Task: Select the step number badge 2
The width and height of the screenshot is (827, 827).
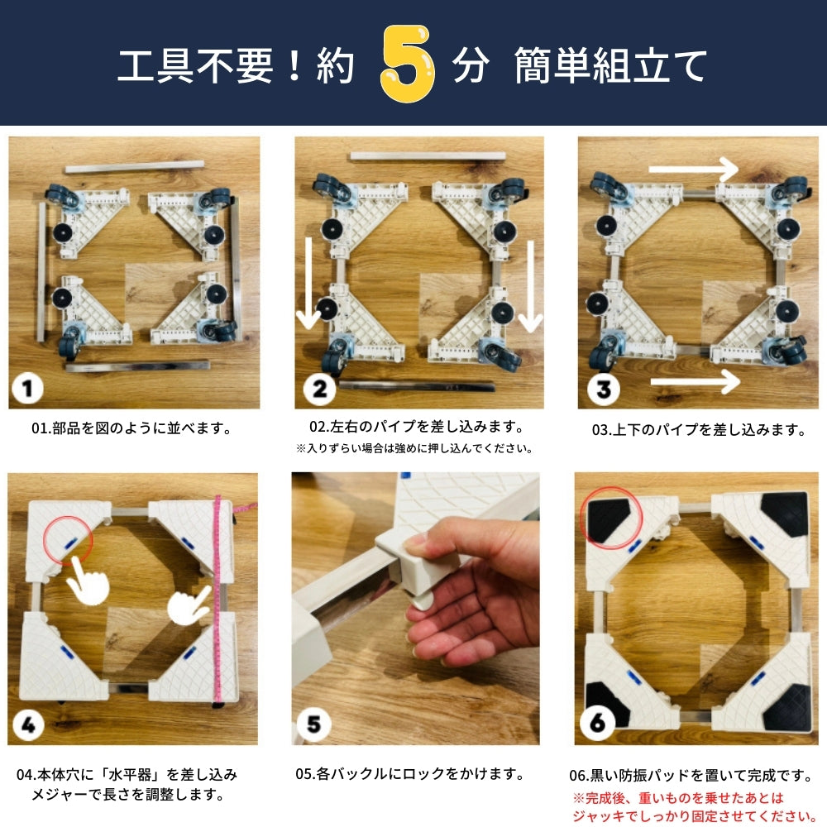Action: (x=319, y=388)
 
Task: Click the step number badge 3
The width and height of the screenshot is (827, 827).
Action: (x=604, y=388)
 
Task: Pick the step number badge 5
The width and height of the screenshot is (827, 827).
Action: (x=313, y=725)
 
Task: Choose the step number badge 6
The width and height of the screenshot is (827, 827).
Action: (x=597, y=725)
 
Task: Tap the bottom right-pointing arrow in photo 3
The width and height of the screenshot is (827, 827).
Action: (x=694, y=381)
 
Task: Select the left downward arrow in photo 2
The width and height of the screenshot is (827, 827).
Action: (x=308, y=282)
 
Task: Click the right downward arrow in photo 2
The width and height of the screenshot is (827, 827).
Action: (x=530, y=286)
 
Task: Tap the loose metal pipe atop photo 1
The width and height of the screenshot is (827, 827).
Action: (x=134, y=167)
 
